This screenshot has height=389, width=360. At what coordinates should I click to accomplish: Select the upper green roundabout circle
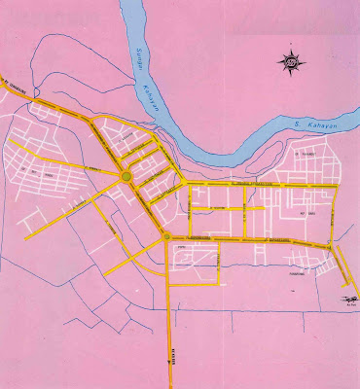127,176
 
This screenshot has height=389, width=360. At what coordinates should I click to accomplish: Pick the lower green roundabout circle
167,235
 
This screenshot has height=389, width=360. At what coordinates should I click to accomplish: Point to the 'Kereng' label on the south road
172,357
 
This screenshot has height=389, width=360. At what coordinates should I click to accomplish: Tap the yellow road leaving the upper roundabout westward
88,179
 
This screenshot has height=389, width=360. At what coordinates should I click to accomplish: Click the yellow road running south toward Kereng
170,321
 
